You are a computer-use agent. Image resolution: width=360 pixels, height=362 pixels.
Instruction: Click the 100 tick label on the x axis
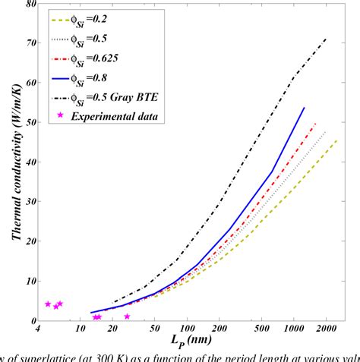[x=188, y=329]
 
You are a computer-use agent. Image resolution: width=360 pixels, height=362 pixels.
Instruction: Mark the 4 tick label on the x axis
[x=37, y=329]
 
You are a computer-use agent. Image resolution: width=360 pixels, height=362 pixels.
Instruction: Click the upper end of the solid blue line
[x=304, y=108]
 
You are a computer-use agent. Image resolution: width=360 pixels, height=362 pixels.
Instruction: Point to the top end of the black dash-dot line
[x=327, y=37]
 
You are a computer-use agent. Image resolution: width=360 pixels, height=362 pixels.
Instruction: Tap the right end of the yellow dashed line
[x=339, y=139]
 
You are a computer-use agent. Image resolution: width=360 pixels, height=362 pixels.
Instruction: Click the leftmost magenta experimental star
[x=48, y=304]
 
